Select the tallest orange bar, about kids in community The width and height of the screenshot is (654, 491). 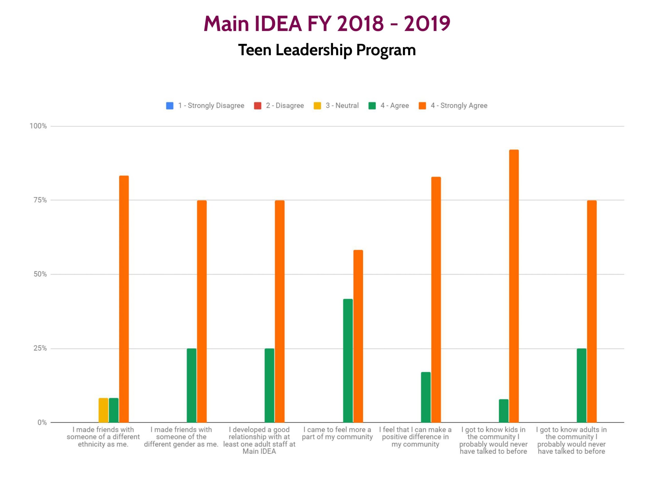514,286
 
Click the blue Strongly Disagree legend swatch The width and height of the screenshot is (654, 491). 170,106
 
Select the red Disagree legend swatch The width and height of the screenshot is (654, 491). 258,106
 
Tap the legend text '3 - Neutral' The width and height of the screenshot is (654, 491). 342,106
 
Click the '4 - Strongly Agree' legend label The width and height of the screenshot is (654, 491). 459,106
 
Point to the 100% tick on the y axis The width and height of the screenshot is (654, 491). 38,126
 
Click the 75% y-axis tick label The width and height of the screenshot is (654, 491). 40,200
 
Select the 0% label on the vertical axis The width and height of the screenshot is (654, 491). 42,422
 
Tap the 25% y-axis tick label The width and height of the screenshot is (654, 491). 40,348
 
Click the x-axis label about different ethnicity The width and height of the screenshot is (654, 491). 103,437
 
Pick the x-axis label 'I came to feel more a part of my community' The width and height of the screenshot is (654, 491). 337,433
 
